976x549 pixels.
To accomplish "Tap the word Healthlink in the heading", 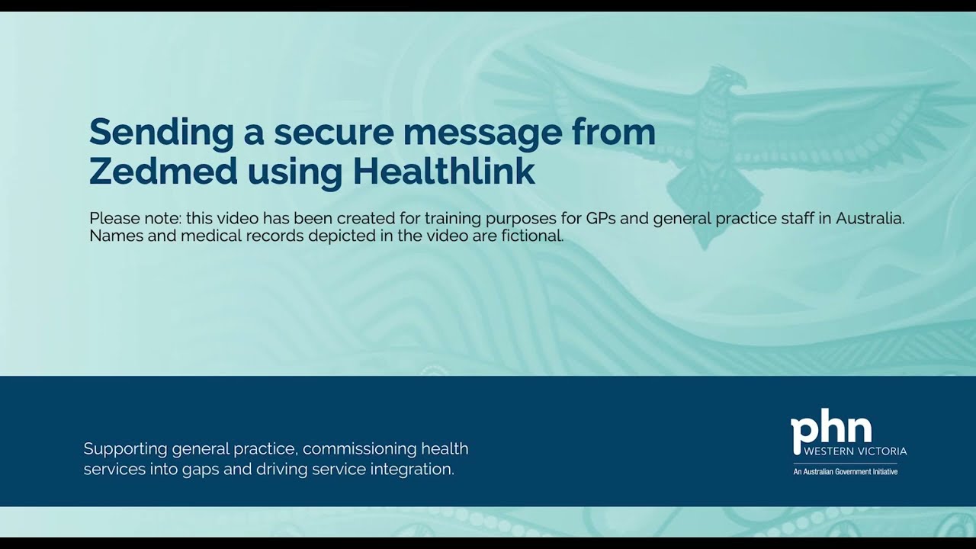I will (444, 172).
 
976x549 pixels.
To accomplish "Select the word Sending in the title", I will (161, 133).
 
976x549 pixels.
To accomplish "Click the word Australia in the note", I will (869, 218).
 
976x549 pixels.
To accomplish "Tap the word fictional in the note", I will (532, 236).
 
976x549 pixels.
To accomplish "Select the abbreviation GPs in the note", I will (602, 218).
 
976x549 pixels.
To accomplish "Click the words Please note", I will (134, 218).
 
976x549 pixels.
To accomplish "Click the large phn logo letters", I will (830, 432).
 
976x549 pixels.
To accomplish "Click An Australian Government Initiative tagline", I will (845, 472).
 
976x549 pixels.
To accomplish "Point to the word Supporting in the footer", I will (125, 448).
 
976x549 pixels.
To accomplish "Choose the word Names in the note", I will (113, 236).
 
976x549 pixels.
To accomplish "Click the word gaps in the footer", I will (198, 470).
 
